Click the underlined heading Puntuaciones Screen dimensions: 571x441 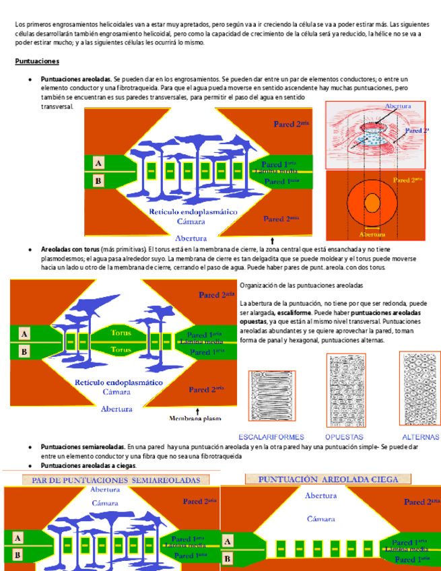tap(37, 61)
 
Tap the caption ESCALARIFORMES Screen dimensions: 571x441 tap(271, 437)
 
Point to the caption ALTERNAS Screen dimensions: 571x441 tap(420, 437)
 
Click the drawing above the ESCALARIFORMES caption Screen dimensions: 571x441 tap(272, 397)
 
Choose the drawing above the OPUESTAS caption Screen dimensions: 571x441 tap(346, 390)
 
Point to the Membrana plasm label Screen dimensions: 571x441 tap(195, 418)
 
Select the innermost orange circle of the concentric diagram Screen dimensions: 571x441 tap(372, 202)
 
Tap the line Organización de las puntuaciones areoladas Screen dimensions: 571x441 tap(301, 285)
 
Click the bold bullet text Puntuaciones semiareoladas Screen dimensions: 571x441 tap(82, 446)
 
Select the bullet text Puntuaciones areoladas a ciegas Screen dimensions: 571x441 tap(88, 465)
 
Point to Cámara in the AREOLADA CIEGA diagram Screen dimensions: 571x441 tap(320, 518)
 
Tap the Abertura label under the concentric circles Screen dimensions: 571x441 tap(372, 234)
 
